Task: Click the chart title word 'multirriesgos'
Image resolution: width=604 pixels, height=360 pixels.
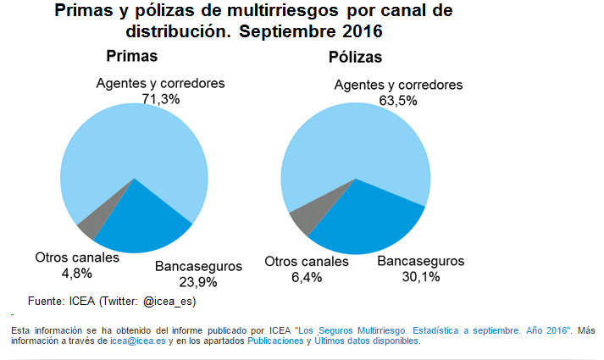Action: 286,11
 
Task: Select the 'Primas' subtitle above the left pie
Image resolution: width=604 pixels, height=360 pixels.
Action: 132,57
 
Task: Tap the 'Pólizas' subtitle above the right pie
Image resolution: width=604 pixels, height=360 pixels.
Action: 355,58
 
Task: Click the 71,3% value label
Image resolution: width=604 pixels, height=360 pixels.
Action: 161,99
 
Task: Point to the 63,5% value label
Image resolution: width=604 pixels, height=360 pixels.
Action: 398,100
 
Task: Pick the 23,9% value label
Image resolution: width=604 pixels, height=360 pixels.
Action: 198,281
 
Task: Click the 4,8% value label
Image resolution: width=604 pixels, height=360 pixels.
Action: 77,273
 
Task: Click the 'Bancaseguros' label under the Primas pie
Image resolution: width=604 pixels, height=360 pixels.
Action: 198,266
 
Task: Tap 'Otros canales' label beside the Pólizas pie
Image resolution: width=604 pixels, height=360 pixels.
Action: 307,262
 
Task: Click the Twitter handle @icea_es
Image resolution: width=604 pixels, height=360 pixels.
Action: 169,301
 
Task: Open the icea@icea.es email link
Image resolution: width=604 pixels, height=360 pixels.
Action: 137,341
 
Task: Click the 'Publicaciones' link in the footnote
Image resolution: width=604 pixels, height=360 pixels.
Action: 274,341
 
